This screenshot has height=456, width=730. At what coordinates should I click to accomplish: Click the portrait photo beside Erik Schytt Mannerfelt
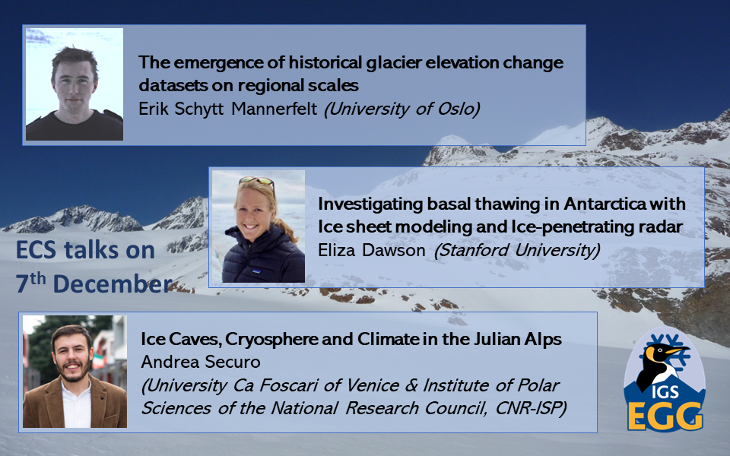(x=75, y=84)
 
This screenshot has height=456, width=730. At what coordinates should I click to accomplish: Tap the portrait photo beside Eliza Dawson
(x=259, y=226)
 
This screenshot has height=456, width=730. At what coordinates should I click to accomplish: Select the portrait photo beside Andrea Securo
(x=75, y=372)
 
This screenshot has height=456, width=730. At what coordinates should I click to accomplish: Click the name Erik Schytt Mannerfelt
(x=227, y=109)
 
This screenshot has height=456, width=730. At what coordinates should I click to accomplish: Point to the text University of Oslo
(x=401, y=109)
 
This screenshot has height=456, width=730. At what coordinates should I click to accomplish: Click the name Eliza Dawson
(x=372, y=250)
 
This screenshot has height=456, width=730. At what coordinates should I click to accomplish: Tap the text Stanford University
(x=517, y=250)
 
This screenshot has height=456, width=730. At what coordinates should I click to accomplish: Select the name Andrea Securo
(x=201, y=362)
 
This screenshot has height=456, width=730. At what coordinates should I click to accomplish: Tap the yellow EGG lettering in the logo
(x=665, y=416)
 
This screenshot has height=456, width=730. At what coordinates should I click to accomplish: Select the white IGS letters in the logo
(x=665, y=392)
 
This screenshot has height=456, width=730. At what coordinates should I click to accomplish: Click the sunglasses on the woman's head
(x=256, y=181)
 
